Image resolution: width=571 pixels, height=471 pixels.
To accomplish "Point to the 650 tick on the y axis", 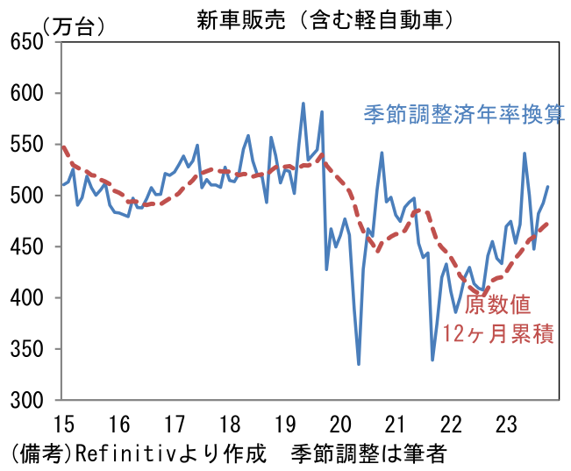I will click(28, 42).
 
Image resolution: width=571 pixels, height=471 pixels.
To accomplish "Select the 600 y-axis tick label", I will click(28, 93).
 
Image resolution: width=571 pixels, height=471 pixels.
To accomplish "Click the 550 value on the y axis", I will click(28, 145).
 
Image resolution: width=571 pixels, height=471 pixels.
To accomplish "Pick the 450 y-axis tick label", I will click(28, 247).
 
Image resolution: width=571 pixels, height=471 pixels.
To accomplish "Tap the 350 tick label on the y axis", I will click(28, 350).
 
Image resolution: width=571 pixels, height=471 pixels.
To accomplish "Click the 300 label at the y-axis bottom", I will click(28, 401).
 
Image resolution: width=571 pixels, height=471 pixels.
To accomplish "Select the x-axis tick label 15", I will click(62, 424).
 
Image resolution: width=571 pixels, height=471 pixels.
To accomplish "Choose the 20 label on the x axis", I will click(340, 424).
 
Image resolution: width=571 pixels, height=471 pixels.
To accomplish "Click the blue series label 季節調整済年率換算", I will click(464, 115).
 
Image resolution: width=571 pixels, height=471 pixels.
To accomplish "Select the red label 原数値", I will click(497, 305).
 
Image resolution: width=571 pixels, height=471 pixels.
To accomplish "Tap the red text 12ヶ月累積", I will click(498, 334).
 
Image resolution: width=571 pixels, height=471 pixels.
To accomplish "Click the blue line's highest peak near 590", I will click(303, 103).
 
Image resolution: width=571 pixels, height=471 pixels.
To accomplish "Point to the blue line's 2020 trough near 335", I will click(359, 364).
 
